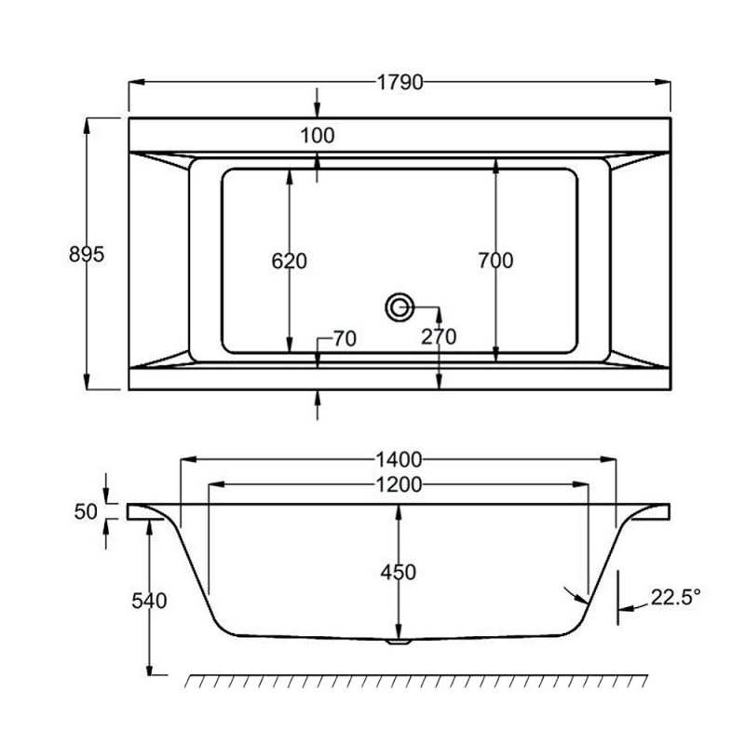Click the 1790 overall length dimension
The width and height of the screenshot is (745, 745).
point(400,82)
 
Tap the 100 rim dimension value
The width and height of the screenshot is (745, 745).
point(318,135)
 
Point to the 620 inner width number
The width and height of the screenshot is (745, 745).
point(289,262)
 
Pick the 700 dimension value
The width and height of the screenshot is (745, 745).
point(494,262)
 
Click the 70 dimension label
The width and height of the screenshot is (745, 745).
point(344,340)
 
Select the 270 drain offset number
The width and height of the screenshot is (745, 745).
point(438,337)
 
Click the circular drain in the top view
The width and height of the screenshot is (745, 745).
point(400,306)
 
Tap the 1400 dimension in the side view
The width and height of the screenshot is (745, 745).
point(399,459)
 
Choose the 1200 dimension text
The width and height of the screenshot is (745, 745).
point(399,484)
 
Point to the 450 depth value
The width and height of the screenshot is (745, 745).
point(399,572)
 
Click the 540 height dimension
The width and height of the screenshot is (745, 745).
point(149,601)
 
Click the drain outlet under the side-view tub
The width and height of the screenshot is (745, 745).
point(399,641)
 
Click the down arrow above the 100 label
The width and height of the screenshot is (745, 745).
point(318,102)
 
